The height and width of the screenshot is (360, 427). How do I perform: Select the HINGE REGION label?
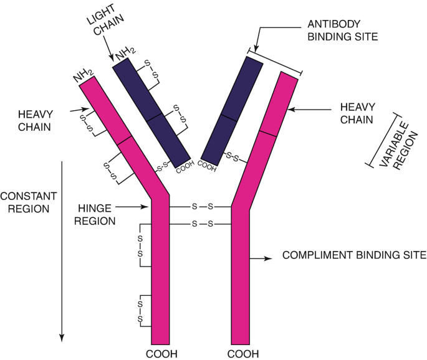click(x=98, y=213)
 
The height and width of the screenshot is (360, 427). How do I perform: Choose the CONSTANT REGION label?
click(x=28, y=202)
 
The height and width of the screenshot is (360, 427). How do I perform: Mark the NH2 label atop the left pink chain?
click(x=85, y=75)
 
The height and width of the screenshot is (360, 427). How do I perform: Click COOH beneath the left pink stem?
click(x=161, y=353)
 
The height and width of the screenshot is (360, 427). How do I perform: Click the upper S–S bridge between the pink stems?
click(x=201, y=206)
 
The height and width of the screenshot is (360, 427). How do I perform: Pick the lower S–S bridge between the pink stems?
click(x=201, y=223)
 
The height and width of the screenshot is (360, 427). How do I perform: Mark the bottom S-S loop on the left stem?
click(x=140, y=310)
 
